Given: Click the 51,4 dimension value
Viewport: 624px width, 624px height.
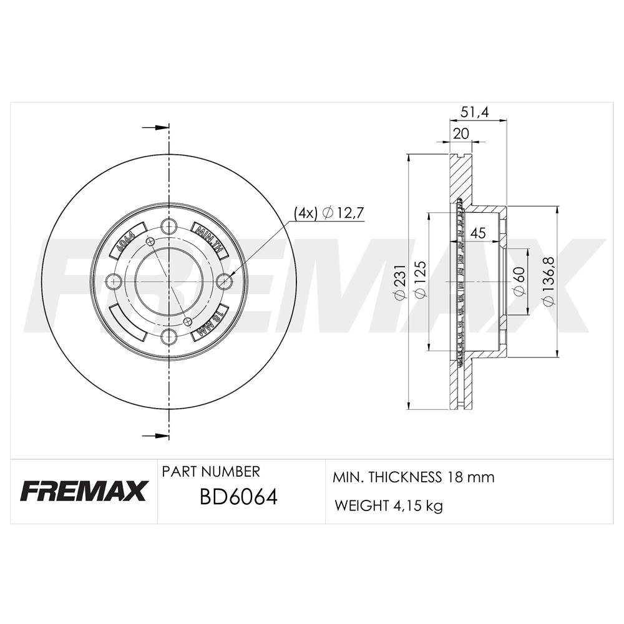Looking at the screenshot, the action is (x=474, y=112).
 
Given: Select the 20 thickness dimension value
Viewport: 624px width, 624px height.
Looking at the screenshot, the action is (x=461, y=134).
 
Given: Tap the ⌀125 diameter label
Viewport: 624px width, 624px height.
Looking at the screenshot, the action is (x=420, y=278).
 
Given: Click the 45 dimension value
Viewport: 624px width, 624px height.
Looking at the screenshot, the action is (x=478, y=233).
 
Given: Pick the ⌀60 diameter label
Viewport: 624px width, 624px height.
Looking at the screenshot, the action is (x=519, y=281).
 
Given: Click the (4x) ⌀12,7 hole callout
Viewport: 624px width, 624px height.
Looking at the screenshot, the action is (x=329, y=213).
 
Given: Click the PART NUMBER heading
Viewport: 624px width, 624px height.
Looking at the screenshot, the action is (x=211, y=472).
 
